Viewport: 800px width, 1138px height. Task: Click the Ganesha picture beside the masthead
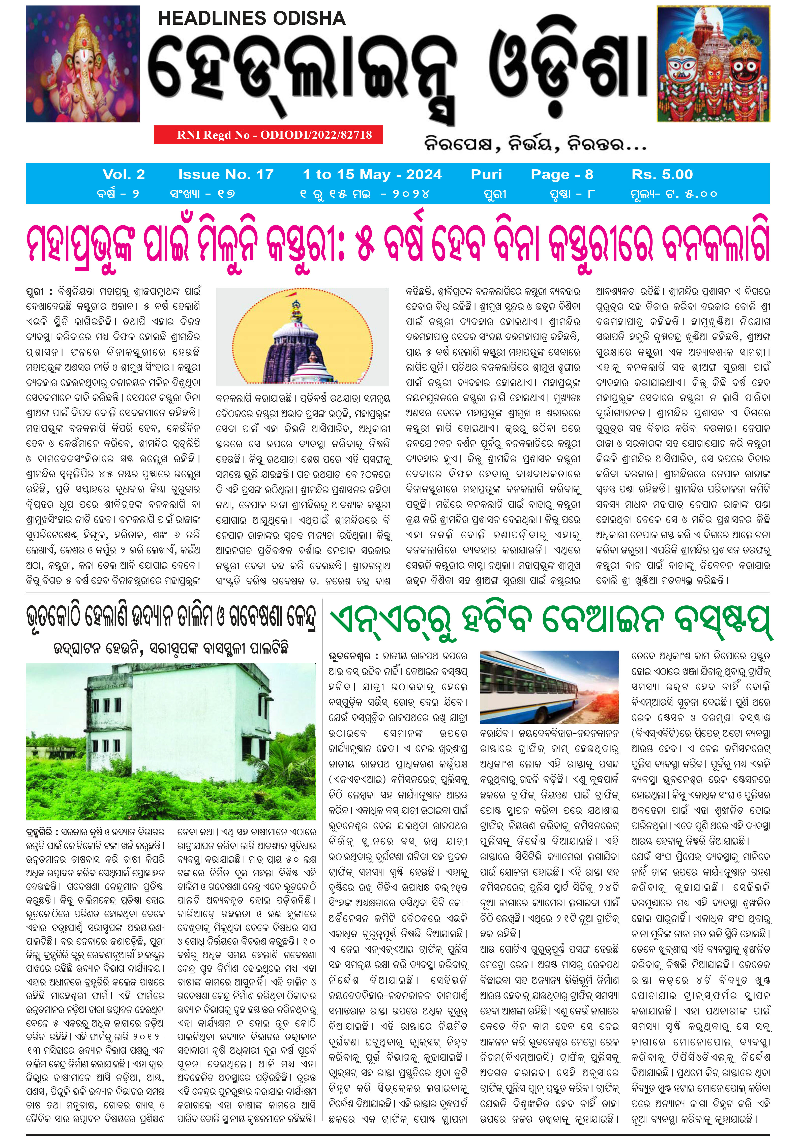click(x=83, y=64)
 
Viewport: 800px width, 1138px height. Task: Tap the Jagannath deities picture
click(x=713, y=64)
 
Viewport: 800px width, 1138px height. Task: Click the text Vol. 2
click(x=124, y=174)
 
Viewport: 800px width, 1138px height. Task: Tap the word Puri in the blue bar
click(x=486, y=174)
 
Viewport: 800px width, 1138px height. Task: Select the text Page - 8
click(x=561, y=174)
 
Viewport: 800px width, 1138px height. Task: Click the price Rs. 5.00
click(x=662, y=174)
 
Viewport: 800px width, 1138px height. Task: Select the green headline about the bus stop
click(x=550, y=622)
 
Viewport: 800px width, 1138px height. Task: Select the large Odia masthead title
click(x=397, y=74)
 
